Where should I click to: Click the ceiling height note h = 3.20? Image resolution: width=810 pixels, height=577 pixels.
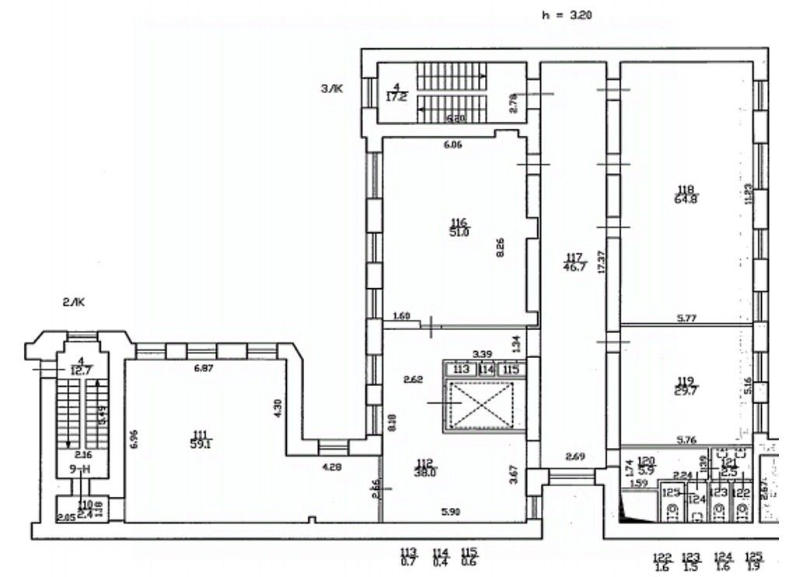(567, 15)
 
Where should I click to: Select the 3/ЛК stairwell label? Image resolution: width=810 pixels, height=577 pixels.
(332, 89)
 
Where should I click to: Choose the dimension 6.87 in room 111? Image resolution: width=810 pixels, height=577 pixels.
(203, 367)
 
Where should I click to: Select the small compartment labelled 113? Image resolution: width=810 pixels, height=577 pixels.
(462, 369)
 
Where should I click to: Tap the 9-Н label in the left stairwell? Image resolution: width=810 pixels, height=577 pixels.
(79, 469)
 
